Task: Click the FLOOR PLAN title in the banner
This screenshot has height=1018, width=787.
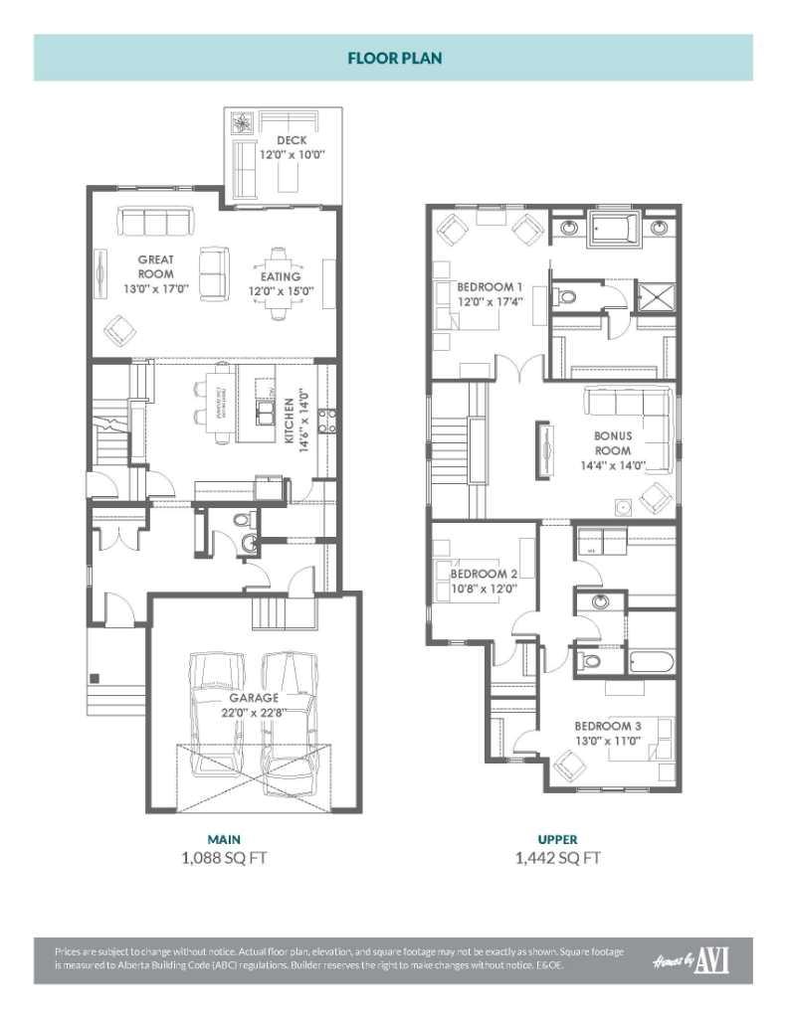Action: coord(394,58)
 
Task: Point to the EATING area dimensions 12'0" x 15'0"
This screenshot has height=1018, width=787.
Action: coord(282,291)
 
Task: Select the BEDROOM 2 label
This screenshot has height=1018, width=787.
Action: coord(484,575)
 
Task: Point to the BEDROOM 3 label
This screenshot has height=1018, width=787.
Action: coord(607,727)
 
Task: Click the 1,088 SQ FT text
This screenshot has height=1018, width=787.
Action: coord(224,857)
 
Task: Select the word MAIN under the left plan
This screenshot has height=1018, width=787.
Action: coord(224,839)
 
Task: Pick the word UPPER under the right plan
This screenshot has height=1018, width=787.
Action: coord(557,839)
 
